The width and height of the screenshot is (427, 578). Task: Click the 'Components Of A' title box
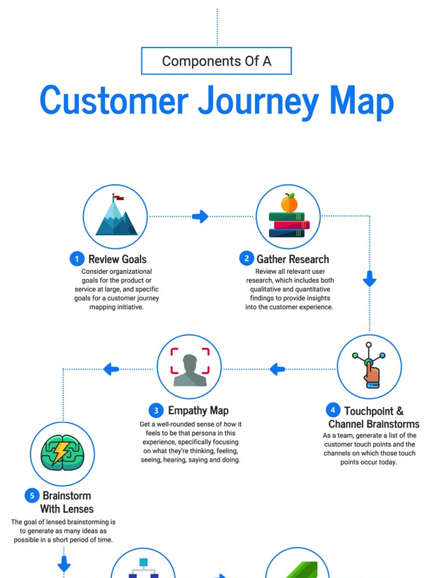click(216, 61)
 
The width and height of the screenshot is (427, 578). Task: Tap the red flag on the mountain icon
click(119, 198)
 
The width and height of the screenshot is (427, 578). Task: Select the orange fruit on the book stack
click(289, 203)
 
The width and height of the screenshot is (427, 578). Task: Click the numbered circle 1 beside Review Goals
click(77, 259)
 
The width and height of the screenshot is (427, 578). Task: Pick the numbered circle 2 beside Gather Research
click(247, 258)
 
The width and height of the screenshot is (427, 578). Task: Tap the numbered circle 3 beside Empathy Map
click(156, 410)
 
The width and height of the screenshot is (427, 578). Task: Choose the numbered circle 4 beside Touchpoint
click(333, 410)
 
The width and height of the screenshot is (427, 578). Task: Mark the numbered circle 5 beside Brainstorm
click(32, 495)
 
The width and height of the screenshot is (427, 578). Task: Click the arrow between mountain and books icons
click(201, 216)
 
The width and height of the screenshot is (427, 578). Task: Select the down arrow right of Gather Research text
click(369, 278)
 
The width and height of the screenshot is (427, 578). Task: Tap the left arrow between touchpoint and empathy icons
click(277, 369)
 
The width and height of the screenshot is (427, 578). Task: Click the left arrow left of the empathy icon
click(111, 369)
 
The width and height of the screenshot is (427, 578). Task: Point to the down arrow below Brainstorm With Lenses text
click(64, 564)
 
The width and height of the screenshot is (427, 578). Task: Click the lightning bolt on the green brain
click(60, 452)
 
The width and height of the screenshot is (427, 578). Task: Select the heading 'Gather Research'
click(293, 259)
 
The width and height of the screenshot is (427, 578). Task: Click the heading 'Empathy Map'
click(198, 410)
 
